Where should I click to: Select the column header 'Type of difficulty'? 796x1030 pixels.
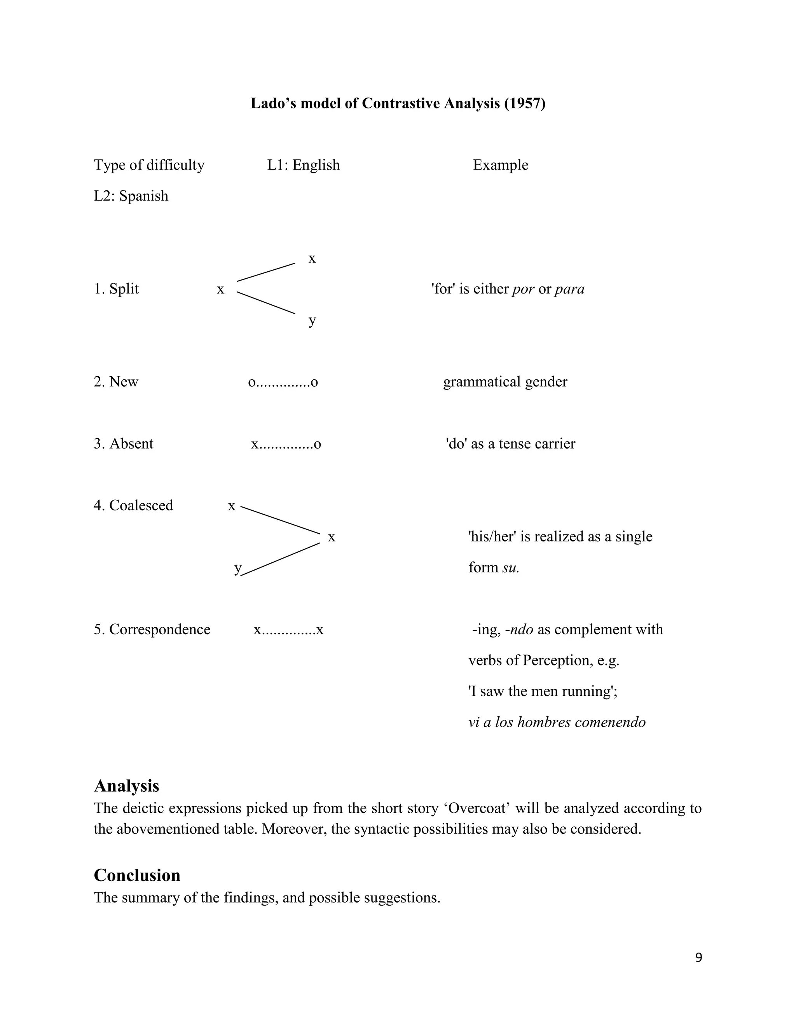point(149,165)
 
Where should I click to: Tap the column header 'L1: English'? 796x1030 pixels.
point(303,165)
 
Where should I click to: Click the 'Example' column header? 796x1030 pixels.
point(500,165)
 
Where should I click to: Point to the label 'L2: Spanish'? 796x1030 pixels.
point(131,196)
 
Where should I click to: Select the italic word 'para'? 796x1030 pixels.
point(569,289)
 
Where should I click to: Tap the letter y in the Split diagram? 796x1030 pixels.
point(312,321)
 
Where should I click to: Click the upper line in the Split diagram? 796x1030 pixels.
point(266,272)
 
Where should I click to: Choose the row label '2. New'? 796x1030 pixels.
point(115,382)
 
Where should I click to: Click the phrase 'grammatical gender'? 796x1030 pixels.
point(505,382)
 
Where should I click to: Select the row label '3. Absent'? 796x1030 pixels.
point(123,444)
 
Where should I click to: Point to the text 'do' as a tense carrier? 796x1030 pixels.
point(510,444)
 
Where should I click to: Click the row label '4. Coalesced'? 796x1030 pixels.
point(133,506)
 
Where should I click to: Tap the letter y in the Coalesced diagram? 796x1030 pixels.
point(237,568)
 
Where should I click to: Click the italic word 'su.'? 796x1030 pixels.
point(510,568)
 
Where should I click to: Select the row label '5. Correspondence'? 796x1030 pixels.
point(152,630)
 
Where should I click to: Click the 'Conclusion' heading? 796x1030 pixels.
point(137,875)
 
